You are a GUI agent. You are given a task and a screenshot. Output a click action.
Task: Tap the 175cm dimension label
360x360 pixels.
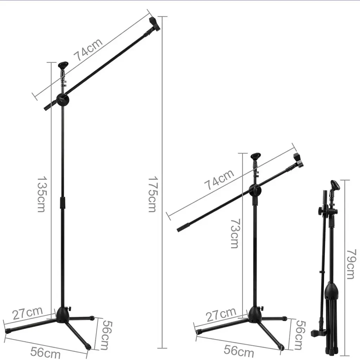[152, 194]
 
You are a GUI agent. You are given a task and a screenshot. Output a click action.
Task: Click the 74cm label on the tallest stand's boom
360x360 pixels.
[88, 49]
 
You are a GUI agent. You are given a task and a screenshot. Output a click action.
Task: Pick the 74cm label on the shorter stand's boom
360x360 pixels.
[219, 180]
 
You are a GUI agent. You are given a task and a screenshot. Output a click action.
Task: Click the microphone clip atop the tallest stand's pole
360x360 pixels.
[63, 66]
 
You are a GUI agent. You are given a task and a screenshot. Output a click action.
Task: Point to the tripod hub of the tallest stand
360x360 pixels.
[63, 314]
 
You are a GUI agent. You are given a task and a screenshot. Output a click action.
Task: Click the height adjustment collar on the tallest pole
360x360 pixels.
[63, 202]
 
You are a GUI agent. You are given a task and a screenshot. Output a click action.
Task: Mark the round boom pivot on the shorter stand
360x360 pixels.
[255, 190]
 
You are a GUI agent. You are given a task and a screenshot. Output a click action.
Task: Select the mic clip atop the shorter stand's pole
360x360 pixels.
[255, 157]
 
